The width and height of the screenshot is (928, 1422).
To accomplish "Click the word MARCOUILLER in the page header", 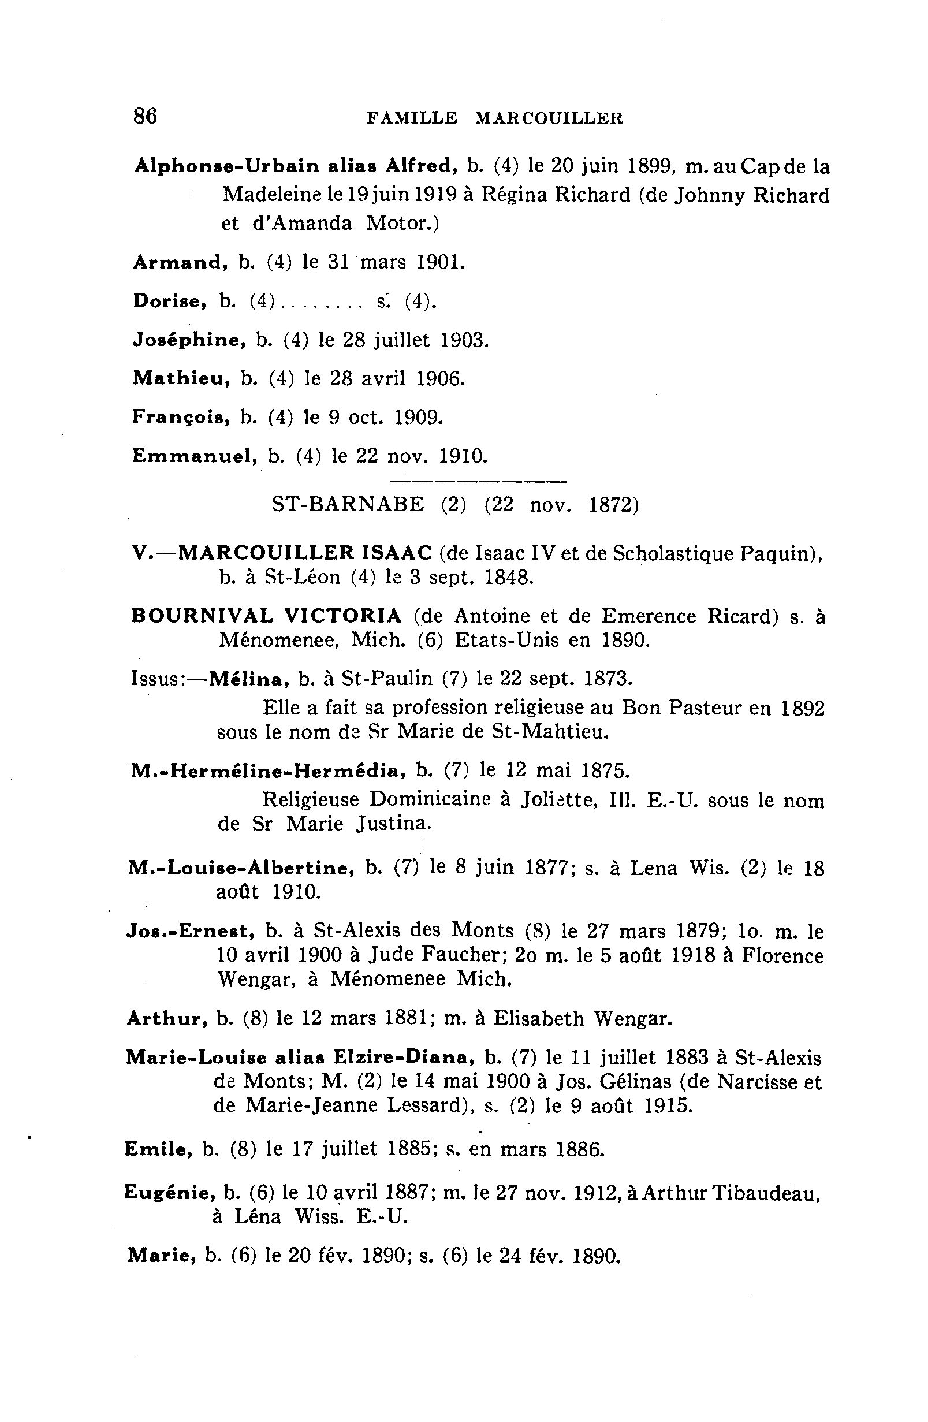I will (549, 118).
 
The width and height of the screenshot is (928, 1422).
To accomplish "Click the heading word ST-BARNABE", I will (348, 505).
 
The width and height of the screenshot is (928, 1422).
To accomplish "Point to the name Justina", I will (393, 824).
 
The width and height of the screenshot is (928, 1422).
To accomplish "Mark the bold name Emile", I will (158, 1148).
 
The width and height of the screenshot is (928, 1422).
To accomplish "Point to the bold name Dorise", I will (170, 300).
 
